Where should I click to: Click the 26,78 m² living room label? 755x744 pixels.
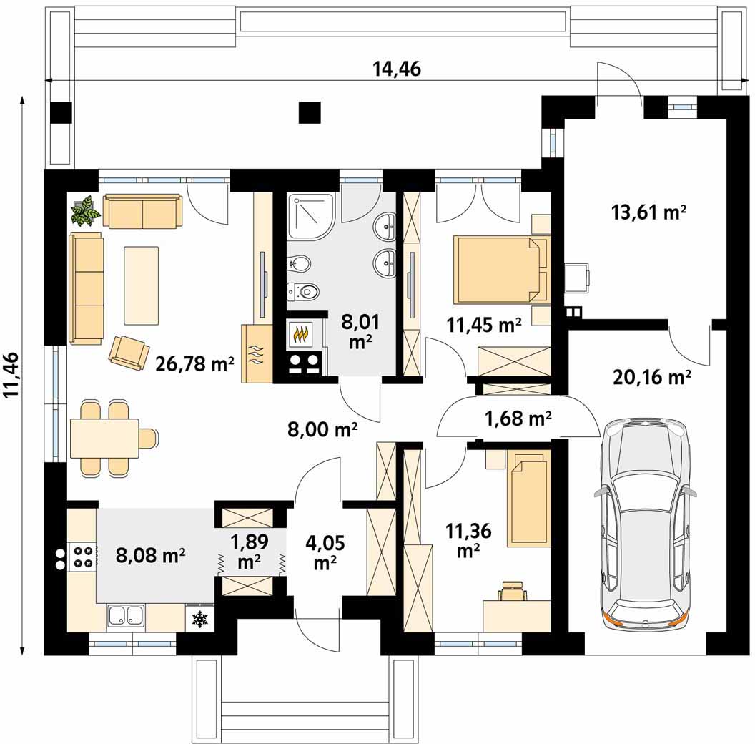tap(194, 363)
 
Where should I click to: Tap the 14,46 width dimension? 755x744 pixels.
tap(397, 69)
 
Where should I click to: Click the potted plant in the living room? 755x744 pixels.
tap(85, 210)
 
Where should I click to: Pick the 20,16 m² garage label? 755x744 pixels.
tap(652, 377)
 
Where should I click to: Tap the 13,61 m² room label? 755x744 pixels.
tap(648, 212)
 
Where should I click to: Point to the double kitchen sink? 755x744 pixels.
tap(126, 617)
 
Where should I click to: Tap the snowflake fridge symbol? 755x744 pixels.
tap(199, 620)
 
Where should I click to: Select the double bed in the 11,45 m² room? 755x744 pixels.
tap(500, 270)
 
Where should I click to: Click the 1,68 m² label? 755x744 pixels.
tap(518, 418)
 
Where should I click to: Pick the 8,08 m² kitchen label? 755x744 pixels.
tap(151, 555)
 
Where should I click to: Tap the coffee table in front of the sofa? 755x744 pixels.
tap(141, 285)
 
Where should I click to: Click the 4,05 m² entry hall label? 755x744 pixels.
tap(325, 552)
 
